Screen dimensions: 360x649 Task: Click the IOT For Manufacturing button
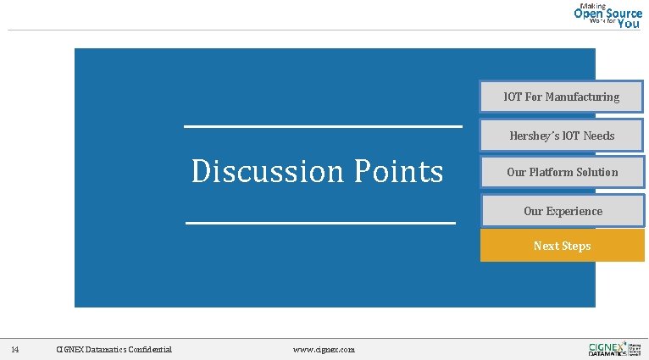(x=562, y=97)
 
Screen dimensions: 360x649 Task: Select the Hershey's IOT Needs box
(x=562, y=136)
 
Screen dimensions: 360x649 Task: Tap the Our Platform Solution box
(x=562, y=172)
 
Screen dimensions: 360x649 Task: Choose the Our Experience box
(x=562, y=211)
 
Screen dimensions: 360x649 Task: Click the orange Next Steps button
(x=562, y=246)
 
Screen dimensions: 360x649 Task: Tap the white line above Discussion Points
(x=323, y=127)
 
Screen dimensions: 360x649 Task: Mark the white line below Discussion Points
(x=320, y=223)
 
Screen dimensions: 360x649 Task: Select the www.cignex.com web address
(x=324, y=350)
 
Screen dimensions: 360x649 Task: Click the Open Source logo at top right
(x=607, y=14)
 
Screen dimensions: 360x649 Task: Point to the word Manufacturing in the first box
(x=582, y=97)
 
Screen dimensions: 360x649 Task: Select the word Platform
(x=552, y=172)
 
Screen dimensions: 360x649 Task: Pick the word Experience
(x=574, y=211)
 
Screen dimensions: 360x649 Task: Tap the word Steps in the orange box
(x=574, y=246)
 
